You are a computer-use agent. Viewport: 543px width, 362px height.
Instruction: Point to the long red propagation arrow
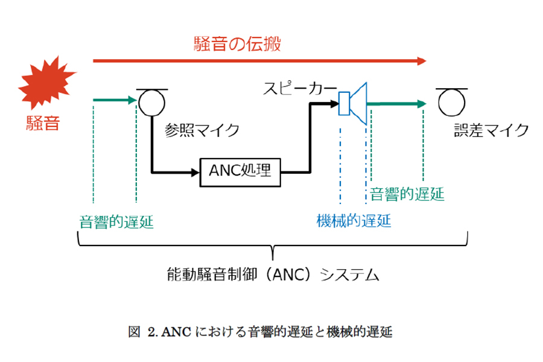[259, 60]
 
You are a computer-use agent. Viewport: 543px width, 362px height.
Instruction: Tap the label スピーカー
[299, 89]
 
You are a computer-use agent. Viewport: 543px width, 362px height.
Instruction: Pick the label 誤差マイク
[491, 130]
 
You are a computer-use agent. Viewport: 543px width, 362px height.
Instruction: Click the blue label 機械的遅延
[354, 221]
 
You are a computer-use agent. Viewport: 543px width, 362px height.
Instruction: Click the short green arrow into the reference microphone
[115, 100]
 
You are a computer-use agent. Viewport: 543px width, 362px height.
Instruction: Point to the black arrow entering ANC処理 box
[175, 171]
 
